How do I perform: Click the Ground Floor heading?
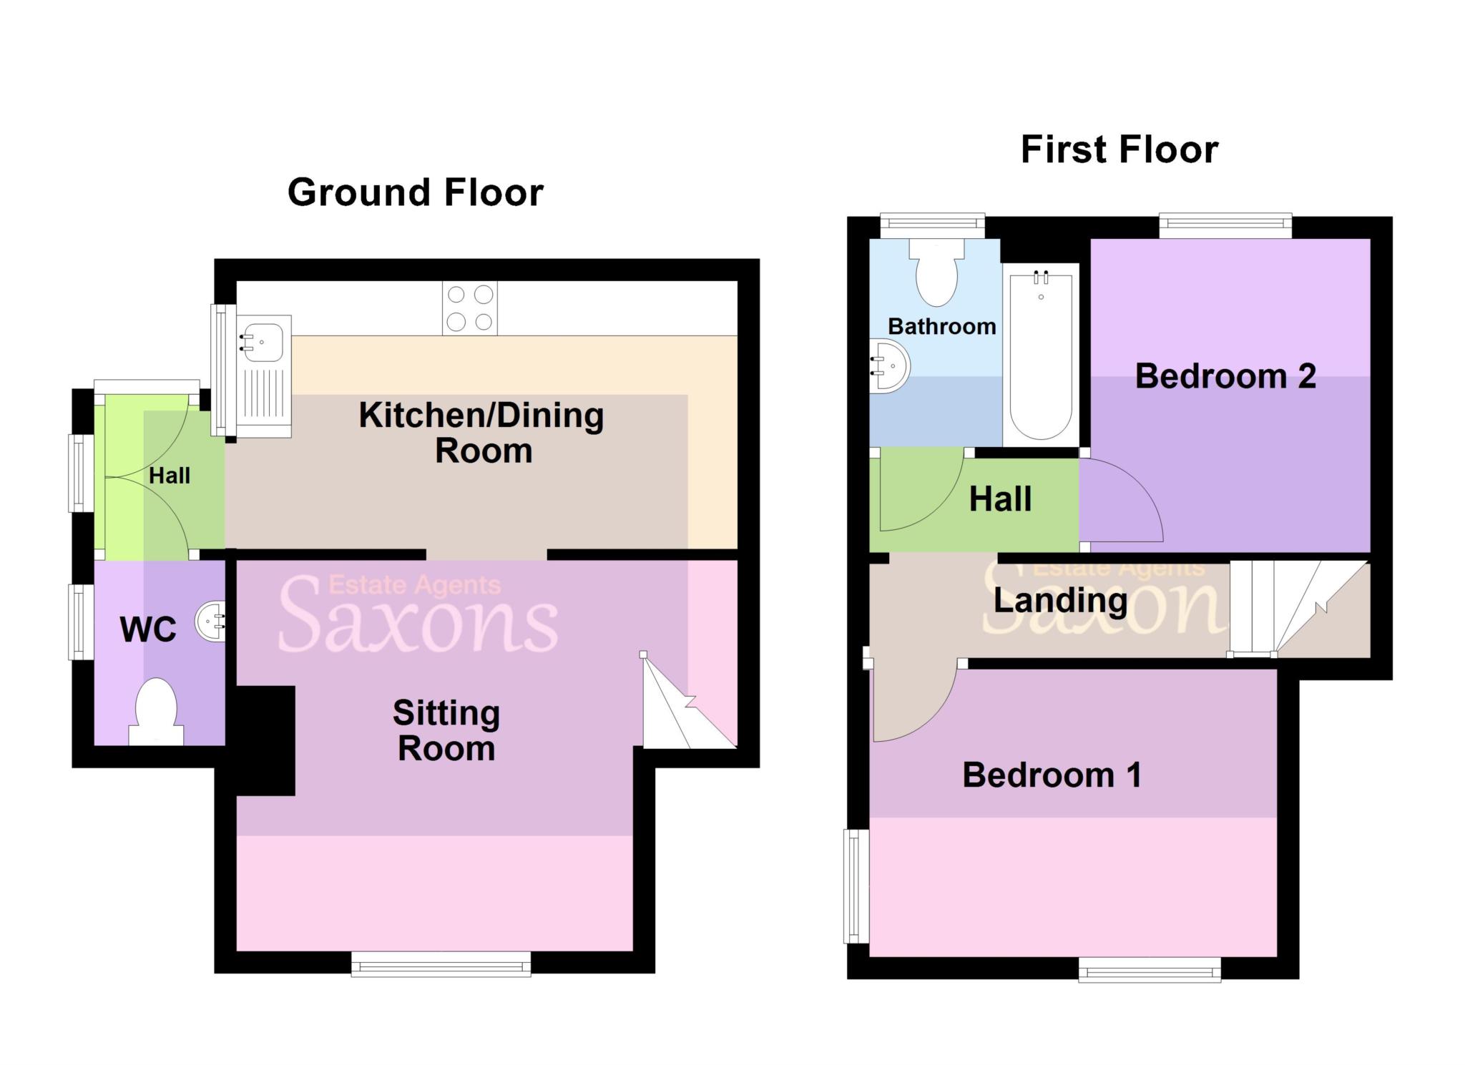[415, 192]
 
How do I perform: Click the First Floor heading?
[1119, 149]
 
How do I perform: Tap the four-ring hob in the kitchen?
[469, 308]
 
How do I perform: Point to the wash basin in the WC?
[212, 622]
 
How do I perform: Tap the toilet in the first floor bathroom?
[936, 275]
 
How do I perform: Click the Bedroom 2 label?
[1225, 376]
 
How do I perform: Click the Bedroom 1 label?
[1051, 775]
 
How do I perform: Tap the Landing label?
[1060, 600]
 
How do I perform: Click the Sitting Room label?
[446, 730]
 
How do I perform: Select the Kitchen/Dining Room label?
[481, 433]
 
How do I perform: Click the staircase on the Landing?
[1295, 608]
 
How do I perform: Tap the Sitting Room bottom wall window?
[441, 963]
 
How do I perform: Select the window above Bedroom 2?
[1225, 226]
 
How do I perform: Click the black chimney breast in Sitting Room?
[265, 740]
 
